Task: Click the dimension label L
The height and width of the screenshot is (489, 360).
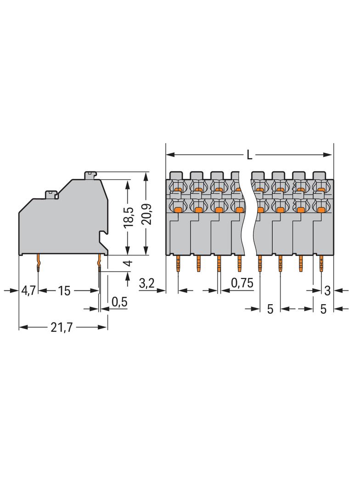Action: pos(249,155)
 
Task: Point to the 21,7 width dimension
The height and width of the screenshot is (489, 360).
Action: pos(63,328)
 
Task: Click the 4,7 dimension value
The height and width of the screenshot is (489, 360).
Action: pos(28,290)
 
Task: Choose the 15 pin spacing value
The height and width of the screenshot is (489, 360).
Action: pos(64,290)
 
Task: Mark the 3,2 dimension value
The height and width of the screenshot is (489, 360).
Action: pos(146,284)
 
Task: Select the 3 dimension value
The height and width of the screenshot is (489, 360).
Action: pos(327,290)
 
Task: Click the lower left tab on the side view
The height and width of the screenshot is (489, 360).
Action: pos(51,194)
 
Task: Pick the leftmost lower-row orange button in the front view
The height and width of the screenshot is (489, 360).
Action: pos(178,209)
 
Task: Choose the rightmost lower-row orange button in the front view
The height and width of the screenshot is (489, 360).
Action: pos(321,209)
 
